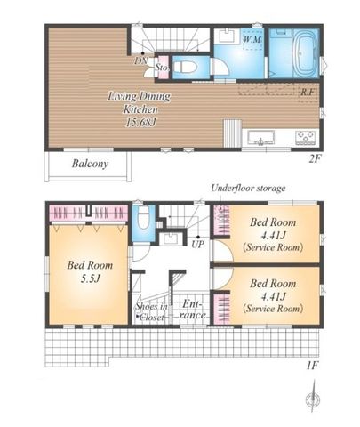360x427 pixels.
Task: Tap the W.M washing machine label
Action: pos(252,39)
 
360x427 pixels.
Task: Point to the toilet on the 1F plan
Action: pos(143,218)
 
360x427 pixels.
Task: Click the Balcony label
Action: pos(90,164)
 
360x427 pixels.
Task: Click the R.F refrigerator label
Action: pos(307,92)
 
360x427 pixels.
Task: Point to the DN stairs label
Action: pos(140,60)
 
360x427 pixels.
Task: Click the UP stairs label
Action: pos(197,245)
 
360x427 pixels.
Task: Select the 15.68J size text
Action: pos(140,123)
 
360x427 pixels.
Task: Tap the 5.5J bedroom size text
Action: pos(90,278)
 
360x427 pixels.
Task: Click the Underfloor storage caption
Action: pos(248,188)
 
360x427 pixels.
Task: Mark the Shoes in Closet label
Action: pos(151,311)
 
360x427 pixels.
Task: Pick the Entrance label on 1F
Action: pos(192,310)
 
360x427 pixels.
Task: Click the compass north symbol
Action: pos(313,397)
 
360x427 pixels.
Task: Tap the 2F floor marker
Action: pos(315,159)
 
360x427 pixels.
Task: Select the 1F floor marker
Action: pos(312,366)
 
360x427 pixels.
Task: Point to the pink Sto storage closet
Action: pos(162,67)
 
